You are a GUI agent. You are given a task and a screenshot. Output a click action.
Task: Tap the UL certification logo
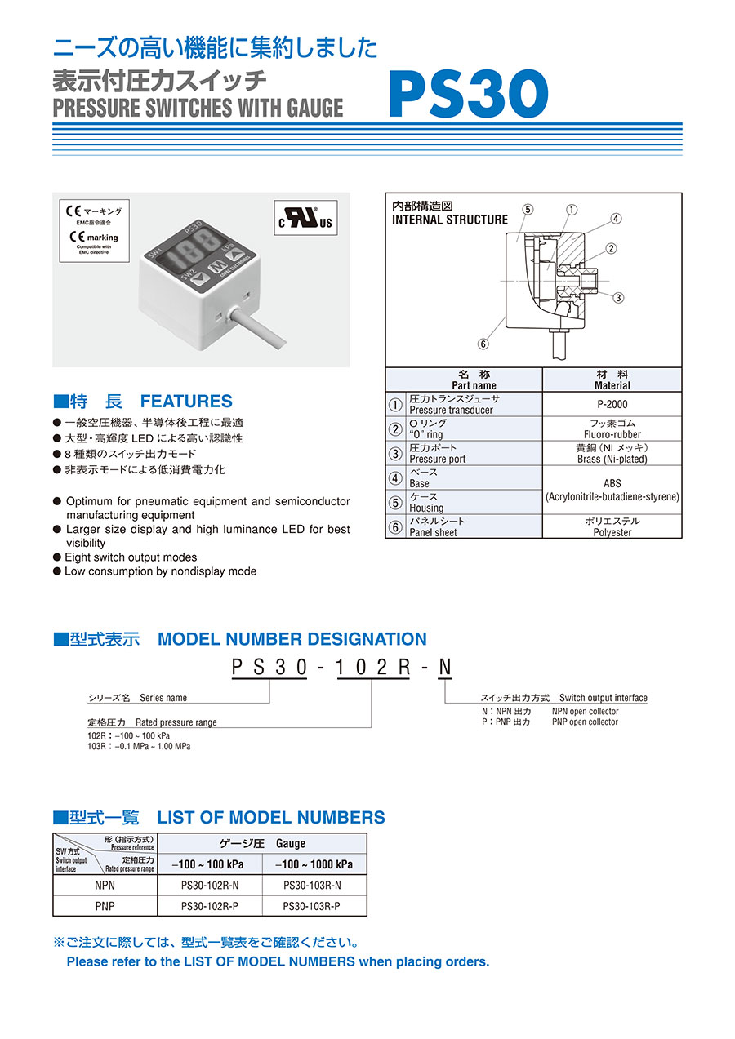pos(307,219)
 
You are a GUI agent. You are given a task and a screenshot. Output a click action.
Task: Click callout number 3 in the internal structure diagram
pos(618,297)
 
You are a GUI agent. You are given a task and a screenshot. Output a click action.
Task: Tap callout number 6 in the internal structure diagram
pos(483,344)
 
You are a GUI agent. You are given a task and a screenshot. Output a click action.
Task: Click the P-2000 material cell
pos(612,404)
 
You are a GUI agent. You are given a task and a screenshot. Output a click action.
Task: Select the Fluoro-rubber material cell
pos(612,429)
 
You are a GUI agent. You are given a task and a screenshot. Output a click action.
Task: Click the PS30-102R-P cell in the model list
pos(209,906)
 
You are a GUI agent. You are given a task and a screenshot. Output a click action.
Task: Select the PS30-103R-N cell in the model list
pos(312,885)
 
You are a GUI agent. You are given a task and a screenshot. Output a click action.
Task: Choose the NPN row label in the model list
pos(105,885)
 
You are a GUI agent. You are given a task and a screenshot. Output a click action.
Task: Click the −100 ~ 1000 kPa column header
pos(314,864)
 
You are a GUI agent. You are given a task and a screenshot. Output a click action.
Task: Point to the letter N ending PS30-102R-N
pos(444,668)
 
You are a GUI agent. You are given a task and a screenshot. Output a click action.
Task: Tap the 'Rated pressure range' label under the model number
pos(176,722)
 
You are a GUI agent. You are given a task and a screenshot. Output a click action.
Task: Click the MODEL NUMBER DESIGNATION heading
pos(292,639)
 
